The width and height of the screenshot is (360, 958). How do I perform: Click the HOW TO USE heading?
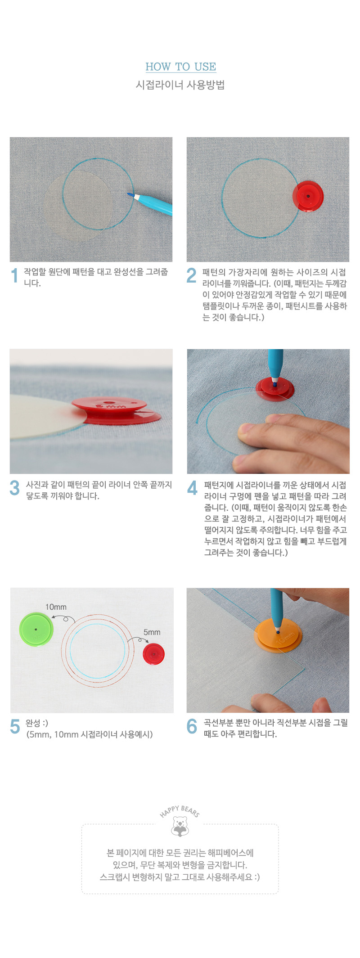pyautogui.click(x=180, y=67)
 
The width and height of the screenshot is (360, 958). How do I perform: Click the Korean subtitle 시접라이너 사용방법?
pyautogui.click(x=180, y=85)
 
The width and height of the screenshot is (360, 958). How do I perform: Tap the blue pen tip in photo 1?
pyautogui.click(x=130, y=194)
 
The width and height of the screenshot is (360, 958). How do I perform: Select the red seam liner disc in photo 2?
pyautogui.click(x=308, y=196)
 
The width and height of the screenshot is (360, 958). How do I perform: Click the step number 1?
pyautogui.click(x=15, y=275)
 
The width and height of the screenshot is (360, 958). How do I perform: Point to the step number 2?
pyautogui.click(x=192, y=275)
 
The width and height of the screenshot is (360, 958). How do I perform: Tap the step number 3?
pyautogui.click(x=15, y=488)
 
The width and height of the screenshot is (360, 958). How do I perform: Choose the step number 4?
pyautogui.click(x=192, y=488)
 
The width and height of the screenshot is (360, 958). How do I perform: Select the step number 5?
pyautogui.click(x=15, y=726)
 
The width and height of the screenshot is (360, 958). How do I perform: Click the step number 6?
pyautogui.click(x=192, y=726)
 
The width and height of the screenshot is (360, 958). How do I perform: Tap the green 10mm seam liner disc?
pyautogui.click(x=36, y=629)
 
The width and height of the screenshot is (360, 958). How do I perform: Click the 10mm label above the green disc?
pyautogui.click(x=56, y=607)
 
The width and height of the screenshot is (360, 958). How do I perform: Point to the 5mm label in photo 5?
pyautogui.click(x=152, y=632)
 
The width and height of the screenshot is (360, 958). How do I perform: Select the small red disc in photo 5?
pyautogui.click(x=153, y=654)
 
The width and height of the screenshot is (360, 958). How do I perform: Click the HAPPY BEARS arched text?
pyautogui.click(x=180, y=811)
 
